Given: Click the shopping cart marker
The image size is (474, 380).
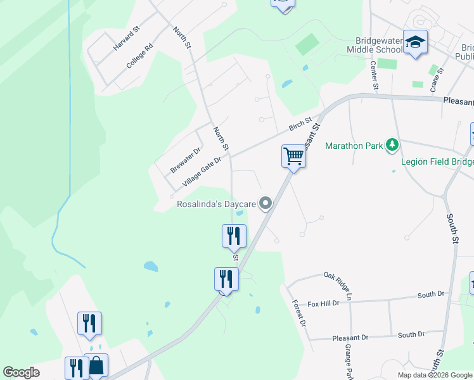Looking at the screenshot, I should pyautogui.click(x=293, y=155).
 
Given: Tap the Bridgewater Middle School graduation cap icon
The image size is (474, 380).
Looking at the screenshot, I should pyautogui.click(x=415, y=42).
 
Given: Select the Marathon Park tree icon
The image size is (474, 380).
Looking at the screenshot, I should pyautogui.click(x=393, y=146).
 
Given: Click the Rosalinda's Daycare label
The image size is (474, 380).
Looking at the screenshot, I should pyautogui.click(x=215, y=204).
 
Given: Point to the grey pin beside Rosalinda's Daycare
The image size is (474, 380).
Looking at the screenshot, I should pyautogui.click(x=266, y=203).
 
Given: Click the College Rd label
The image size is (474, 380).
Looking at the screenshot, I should pyautogui.click(x=139, y=56).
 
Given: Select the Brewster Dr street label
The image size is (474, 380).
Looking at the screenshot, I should pyautogui.click(x=185, y=160).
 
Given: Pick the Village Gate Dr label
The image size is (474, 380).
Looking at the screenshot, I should pyautogui.click(x=202, y=172).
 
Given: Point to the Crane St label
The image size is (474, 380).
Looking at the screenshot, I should pyautogui.click(x=435, y=82).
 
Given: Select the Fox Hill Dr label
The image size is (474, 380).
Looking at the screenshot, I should pyautogui.click(x=323, y=303).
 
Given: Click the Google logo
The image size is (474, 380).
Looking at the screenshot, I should pyautogui.click(x=21, y=372).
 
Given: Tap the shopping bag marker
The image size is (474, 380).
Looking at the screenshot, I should pyautogui.click(x=96, y=365).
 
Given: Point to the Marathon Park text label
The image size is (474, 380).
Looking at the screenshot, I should pyautogui.click(x=354, y=146).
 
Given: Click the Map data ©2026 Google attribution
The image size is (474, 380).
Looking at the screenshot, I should pyautogui.click(x=434, y=375).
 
